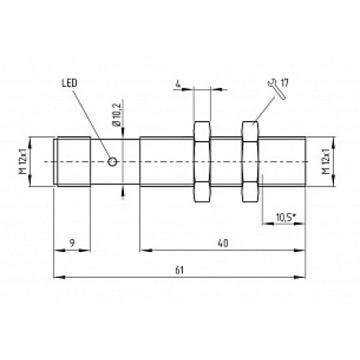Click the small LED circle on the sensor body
[112, 162]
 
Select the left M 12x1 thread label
[22, 162]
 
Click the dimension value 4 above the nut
[177, 85]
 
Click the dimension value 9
[72, 243]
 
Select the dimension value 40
[223, 243]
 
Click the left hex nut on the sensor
[202, 162]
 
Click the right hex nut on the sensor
[250, 162]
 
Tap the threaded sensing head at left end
[72, 162]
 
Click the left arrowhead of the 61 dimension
[58, 275]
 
